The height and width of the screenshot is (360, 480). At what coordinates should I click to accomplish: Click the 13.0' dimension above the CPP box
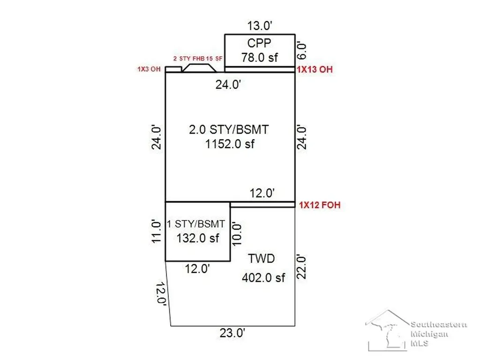coord(260,26)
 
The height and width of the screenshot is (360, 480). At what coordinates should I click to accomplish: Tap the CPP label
coord(259,43)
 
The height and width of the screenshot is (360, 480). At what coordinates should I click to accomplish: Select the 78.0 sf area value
coord(259,58)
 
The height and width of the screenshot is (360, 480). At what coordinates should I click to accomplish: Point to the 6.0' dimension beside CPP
coord(301,51)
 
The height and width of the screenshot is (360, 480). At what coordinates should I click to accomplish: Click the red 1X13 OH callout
coord(315,69)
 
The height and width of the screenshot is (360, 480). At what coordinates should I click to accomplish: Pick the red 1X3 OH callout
coord(149,69)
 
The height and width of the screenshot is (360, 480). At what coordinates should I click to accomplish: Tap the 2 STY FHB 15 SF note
coord(198,59)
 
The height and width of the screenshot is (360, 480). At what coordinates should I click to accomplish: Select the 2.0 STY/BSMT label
coord(229,129)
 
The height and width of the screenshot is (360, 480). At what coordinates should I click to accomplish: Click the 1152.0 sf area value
coord(230,144)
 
